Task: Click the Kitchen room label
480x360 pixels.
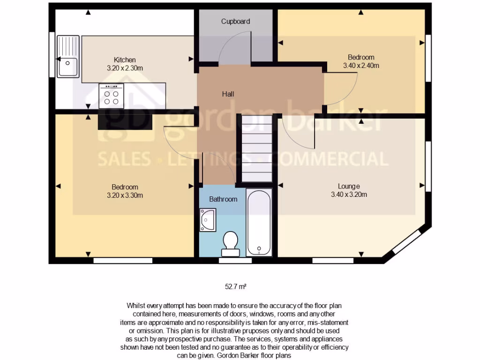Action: (x=125, y=60)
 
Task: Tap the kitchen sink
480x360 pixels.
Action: (x=68, y=56)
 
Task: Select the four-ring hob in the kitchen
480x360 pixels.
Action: (x=111, y=96)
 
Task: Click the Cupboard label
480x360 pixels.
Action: (x=235, y=21)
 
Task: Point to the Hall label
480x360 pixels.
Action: (x=228, y=94)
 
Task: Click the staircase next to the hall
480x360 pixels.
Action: (x=256, y=149)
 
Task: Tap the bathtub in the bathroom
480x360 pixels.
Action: (x=259, y=222)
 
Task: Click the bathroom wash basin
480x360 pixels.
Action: (x=208, y=220)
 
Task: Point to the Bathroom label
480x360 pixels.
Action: (x=223, y=199)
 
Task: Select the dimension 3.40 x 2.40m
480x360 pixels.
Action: (x=361, y=66)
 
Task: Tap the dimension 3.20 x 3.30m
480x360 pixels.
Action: (x=125, y=195)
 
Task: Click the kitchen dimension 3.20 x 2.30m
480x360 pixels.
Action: (x=125, y=68)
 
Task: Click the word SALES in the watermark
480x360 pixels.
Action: (x=124, y=159)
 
